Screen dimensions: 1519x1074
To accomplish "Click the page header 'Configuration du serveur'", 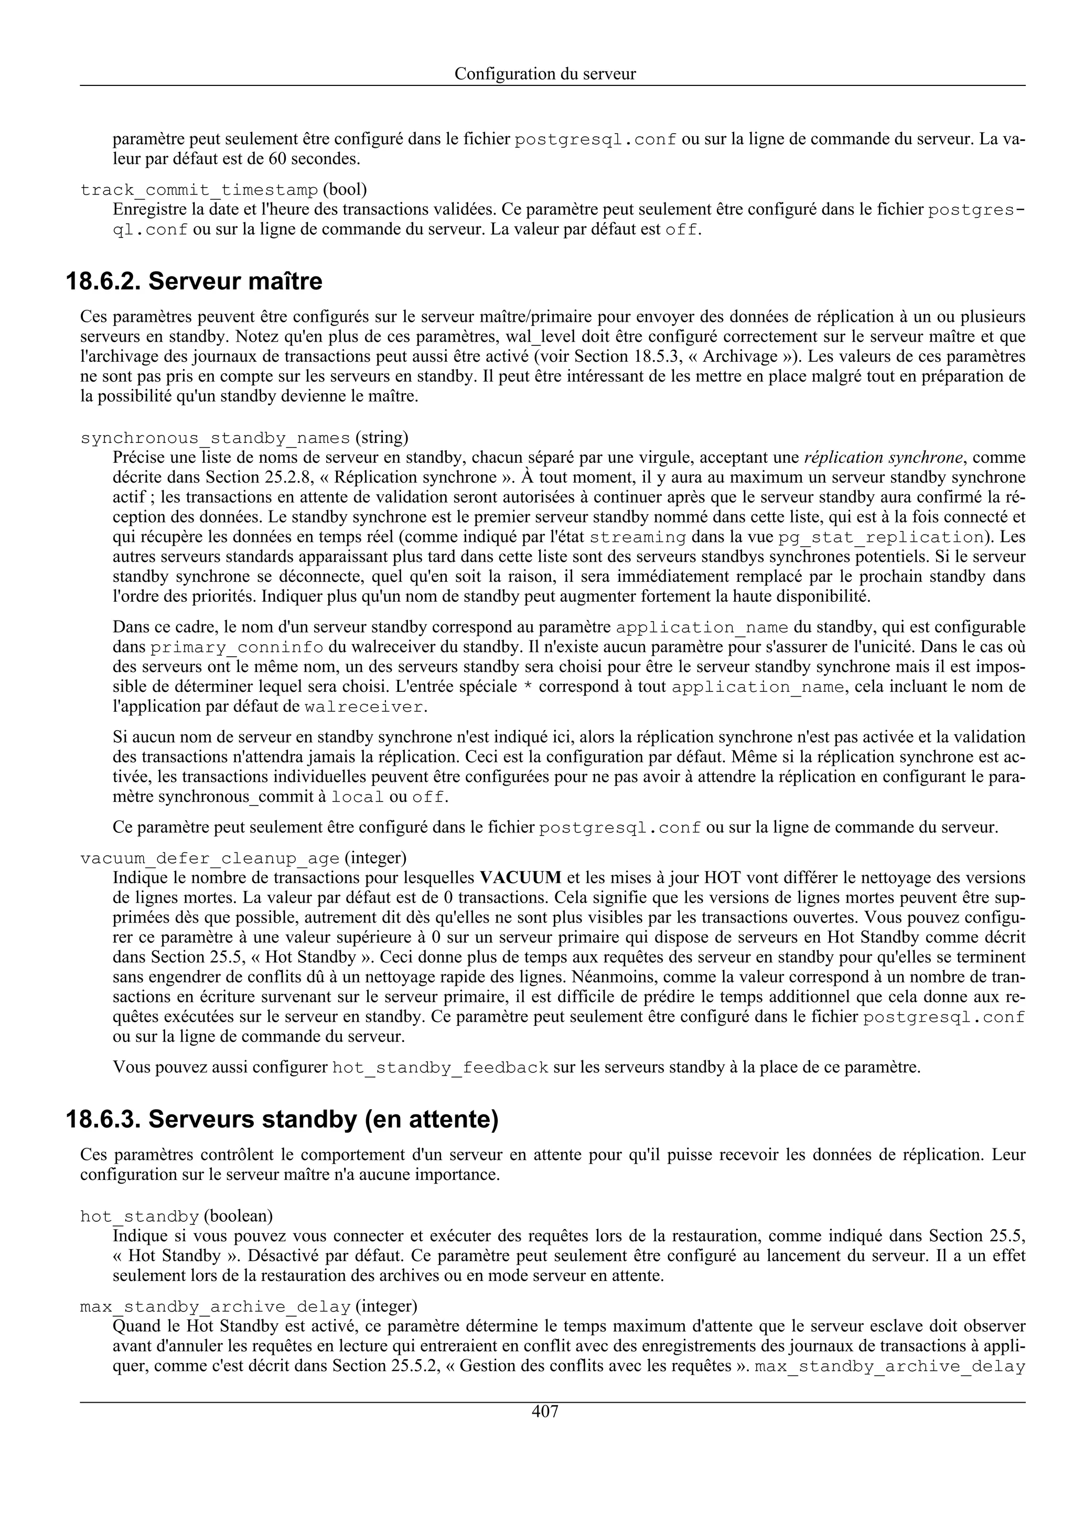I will [545, 74].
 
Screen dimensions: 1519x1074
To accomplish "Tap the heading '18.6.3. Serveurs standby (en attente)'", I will [282, 1120].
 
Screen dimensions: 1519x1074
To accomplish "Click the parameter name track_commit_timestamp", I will [199, 191].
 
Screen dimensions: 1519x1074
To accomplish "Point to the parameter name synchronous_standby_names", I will [215, 438].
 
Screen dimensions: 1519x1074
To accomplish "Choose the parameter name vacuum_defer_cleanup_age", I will [210, 859].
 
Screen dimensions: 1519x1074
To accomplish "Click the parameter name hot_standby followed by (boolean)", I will [139, 1217].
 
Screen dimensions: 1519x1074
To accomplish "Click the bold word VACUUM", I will [520, 878].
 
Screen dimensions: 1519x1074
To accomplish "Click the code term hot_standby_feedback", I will [439, 1068].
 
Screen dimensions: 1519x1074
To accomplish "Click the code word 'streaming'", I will [637, 537].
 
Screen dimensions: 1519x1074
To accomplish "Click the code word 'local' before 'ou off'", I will [357, 797].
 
